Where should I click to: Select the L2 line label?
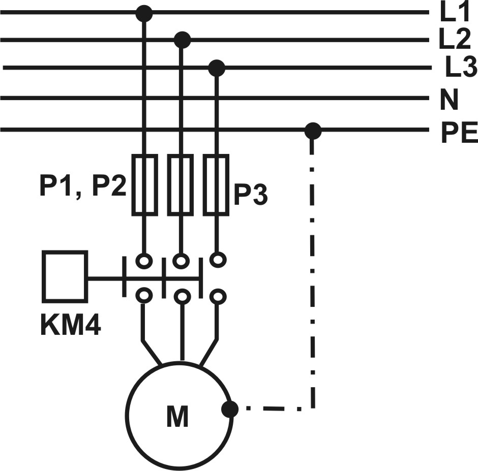point(455,39)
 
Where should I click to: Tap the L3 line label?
point(461,67)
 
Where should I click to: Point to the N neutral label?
point(449,99)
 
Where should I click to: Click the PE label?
point(459,133)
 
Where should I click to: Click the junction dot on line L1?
point(144,13)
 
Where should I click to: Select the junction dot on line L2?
point(182,40)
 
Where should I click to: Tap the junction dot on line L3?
point(217,68)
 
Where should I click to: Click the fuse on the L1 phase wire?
point(145,185)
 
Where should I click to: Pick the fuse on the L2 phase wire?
point(181,185)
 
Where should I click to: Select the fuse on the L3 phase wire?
point(216,185)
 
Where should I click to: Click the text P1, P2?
point(83,186)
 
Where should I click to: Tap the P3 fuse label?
point(251,194)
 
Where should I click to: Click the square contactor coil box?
point(65,276)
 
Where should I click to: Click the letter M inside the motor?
point(177,416)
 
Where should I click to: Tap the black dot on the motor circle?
point(229,409)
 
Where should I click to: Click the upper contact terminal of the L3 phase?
point(218,260)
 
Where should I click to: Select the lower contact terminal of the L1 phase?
point(144,295)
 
